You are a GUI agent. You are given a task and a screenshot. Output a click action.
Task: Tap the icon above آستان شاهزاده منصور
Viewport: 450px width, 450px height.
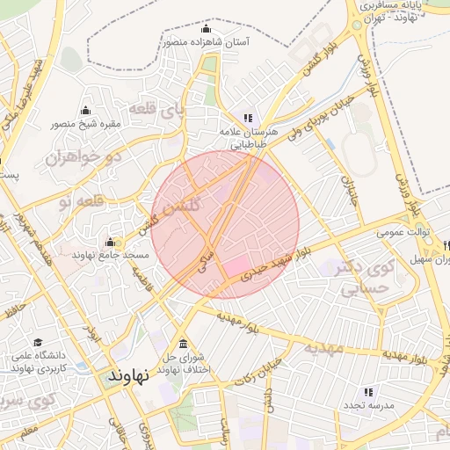click(207, 28)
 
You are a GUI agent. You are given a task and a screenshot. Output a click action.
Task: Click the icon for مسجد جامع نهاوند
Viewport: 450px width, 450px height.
click(110, 242)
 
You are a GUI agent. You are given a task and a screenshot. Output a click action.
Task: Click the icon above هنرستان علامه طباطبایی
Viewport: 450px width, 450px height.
click(248, 118)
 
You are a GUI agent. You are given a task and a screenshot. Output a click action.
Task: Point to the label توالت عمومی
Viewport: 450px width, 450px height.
click(403, 233)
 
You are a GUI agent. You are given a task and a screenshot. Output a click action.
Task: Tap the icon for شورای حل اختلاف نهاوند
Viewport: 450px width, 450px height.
click(183, 344)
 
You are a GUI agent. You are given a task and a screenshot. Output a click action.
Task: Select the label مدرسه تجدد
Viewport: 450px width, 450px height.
click(367, 405)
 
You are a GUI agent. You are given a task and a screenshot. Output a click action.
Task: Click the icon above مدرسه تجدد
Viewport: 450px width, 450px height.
click(368, 391)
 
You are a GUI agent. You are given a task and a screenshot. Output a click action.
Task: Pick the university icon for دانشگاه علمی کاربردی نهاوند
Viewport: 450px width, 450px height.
click(38, 342)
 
